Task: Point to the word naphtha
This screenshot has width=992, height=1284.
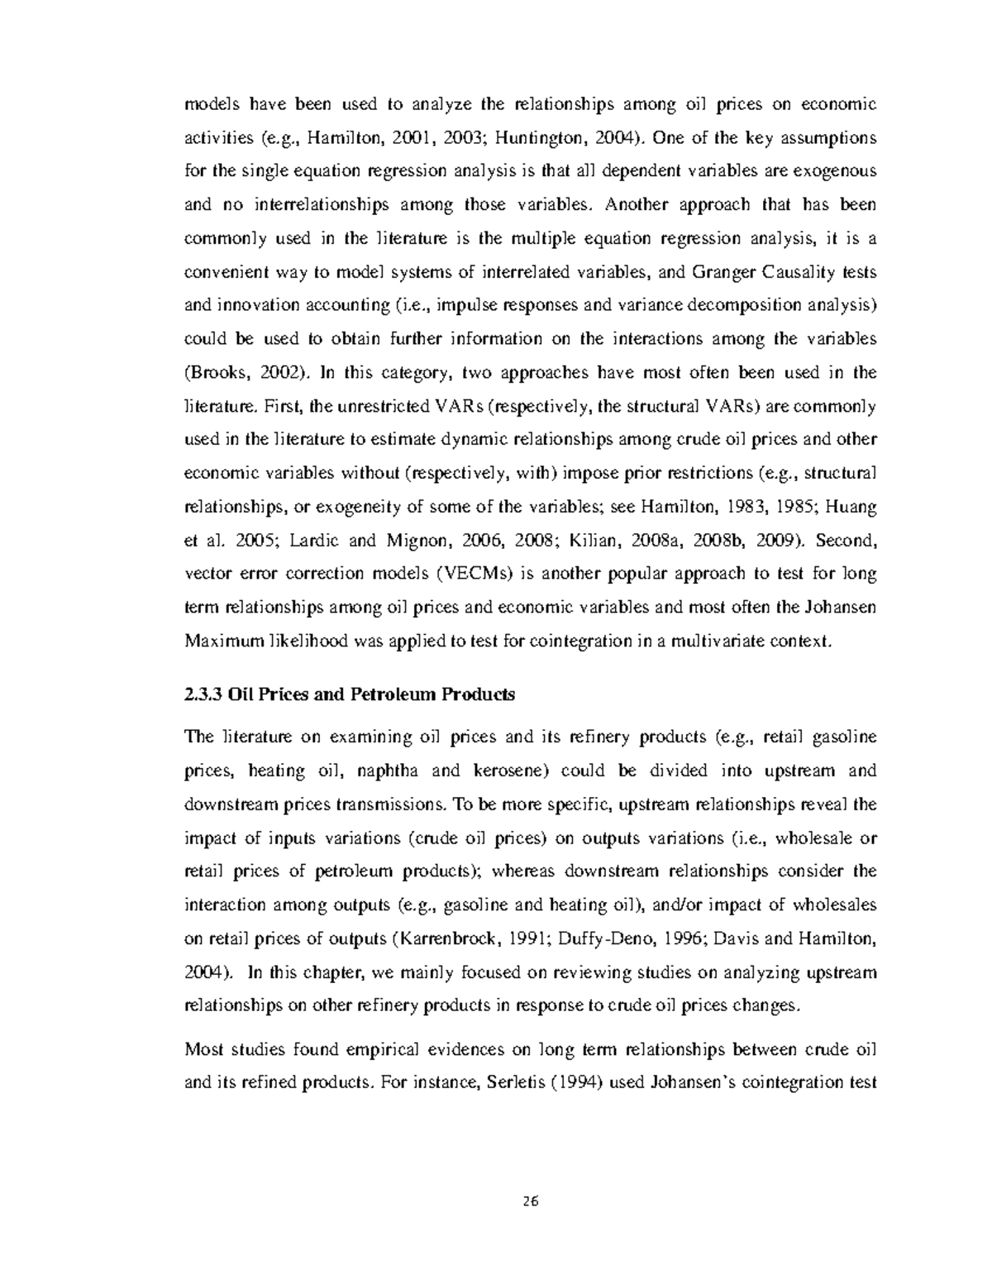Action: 386,771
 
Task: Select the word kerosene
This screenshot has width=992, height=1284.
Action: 509,771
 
